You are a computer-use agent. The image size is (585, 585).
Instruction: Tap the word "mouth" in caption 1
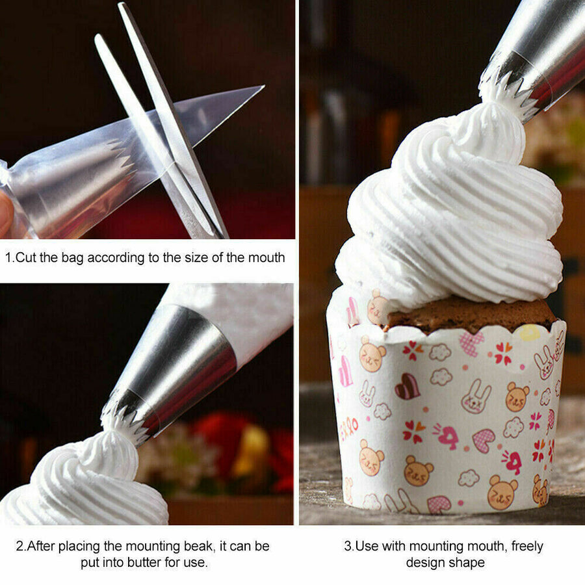(266, 257)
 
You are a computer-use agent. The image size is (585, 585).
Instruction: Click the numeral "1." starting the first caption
(10, 257)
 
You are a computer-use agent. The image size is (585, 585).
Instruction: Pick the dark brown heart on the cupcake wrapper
(408, 386)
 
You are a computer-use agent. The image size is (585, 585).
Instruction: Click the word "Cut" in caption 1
(25, 257)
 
